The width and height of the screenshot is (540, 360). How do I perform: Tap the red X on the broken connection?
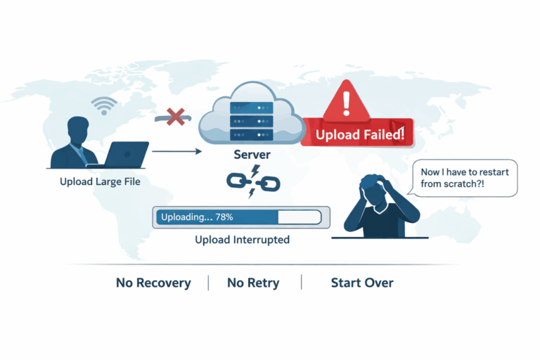175,117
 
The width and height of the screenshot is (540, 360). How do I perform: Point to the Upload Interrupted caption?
242,240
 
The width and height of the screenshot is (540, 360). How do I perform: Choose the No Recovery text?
153,283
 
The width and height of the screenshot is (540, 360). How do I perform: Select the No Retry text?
253,283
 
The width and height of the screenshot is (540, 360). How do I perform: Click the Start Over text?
362,283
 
